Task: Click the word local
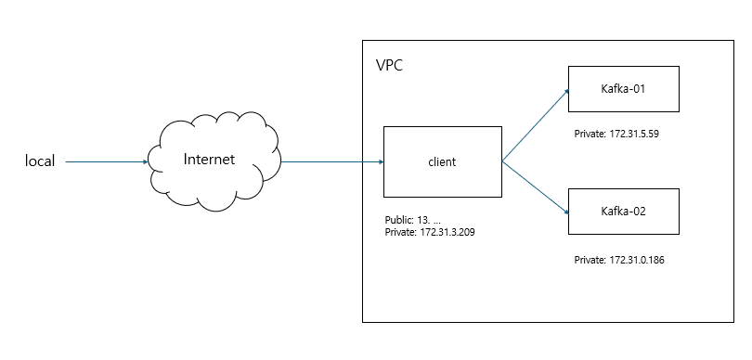tap(40, 161)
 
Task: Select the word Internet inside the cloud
tap(209, 160)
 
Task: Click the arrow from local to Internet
tap(107, 162)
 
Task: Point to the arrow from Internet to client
tap(331, 162)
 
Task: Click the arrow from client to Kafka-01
tap(536, 125)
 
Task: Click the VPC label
tap(389, 65)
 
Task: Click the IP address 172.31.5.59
tap(634, 135)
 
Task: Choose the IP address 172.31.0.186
tap(637, 261)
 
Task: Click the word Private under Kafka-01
tap(590, 135)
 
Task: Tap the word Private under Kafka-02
tap(590, 261)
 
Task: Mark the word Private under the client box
tap(400, 233)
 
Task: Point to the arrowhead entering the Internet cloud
tap(146, 162)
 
